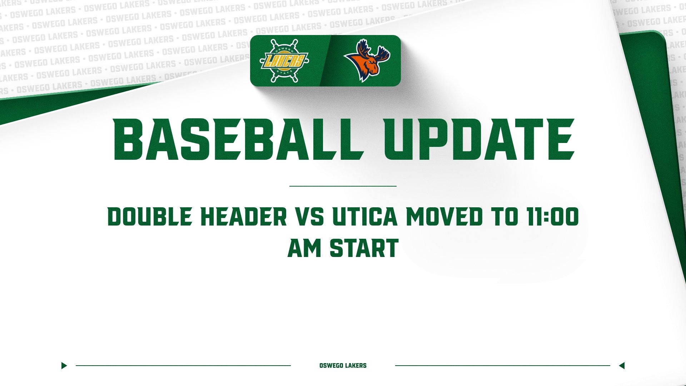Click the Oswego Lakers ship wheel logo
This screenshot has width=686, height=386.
pos(284,61)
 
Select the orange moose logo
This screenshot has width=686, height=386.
pos(367,61)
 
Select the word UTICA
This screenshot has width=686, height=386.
pos(365,217)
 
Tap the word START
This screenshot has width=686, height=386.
pos(364,248)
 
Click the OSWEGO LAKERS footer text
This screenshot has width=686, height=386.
pos(343,366)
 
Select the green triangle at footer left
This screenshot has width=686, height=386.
pos(64,366)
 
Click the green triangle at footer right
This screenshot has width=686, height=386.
pos(622,366)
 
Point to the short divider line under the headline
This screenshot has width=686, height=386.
pos(343,186)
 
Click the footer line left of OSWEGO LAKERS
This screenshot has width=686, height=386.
pos(183,366)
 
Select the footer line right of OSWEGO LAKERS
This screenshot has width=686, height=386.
pos(502,366)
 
